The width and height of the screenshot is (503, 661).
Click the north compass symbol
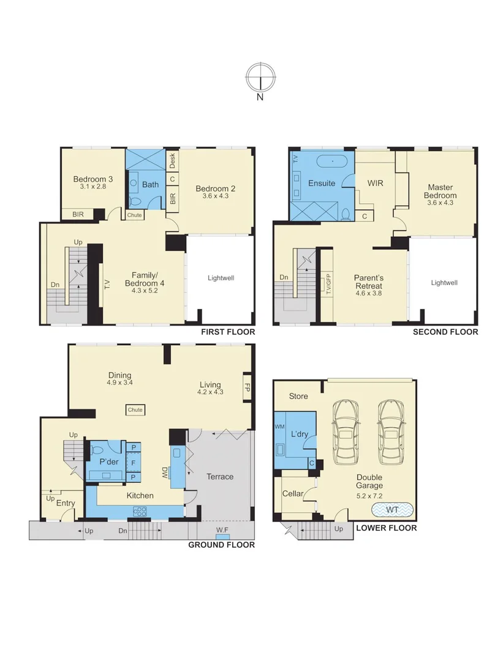pyautogui.click(x=260, y=78)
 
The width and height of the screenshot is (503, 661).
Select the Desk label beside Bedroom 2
pyautogui.click(x=173, y=161)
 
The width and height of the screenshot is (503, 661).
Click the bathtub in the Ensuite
pyautogui.click(x=331, y=163)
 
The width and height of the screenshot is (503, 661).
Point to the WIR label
pyautogui.click(x=375, y=183)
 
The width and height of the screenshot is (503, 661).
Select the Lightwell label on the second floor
pyautogui.click(x=444, y=283)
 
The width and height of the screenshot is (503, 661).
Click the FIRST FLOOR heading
pyautogui.click(x=228, y=332)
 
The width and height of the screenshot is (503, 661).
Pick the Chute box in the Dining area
pyautogui.click(x=135, y=409)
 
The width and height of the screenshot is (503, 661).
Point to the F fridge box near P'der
pyautogui.click(x=133, y=462)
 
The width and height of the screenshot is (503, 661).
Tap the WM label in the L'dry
pyautogui.click(x=279, y=426)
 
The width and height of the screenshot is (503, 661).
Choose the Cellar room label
pyautogui.click(x=293, y=493)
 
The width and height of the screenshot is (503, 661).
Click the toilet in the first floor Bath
pyautogui.click(x=135, y=201)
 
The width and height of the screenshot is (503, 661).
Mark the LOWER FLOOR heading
pyautogui.click(x=386, y=528)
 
